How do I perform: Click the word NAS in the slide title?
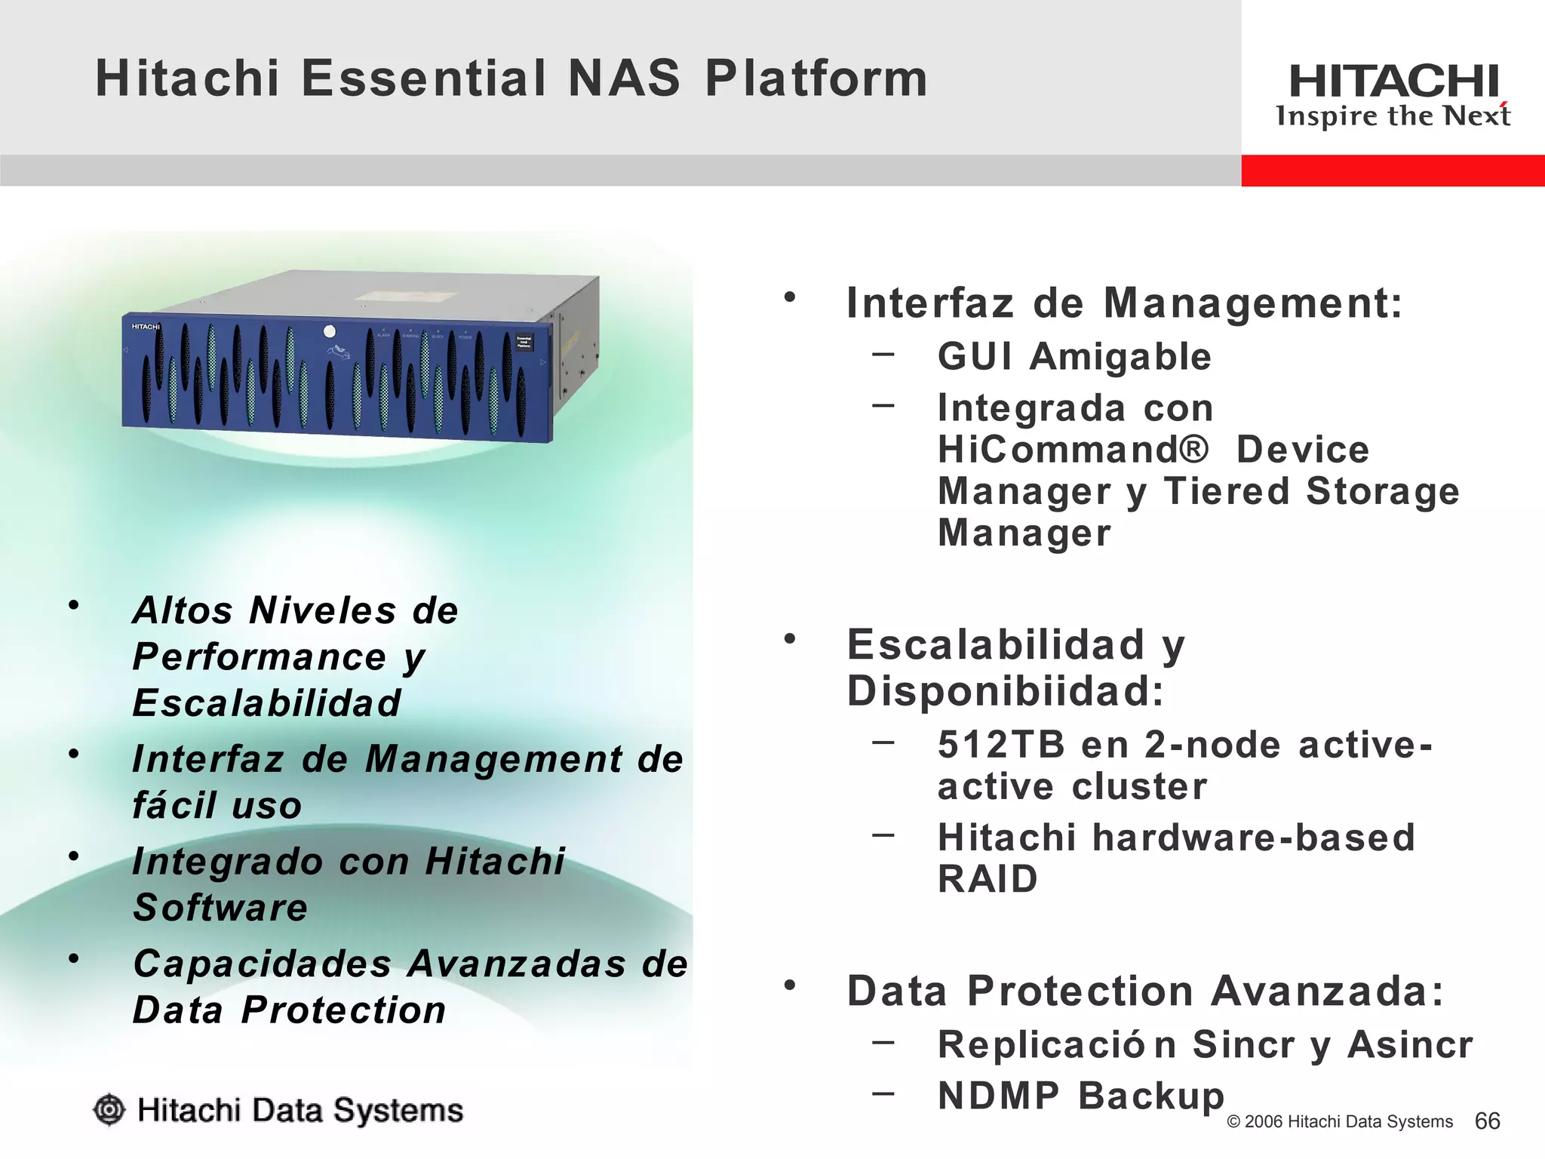[623, 78]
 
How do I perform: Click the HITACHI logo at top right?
[1393, 81]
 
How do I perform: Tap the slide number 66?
[1487, 1121]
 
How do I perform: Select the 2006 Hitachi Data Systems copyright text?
[1340, 1122]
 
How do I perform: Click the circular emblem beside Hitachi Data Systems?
[109, 1110]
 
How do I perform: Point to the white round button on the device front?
[329, 331]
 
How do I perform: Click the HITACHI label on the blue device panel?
[146, 327]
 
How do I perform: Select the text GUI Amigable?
[1074, 356]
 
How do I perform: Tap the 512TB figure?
[1001, 745]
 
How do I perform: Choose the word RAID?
[988, 879]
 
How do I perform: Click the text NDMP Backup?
[1080, 1096]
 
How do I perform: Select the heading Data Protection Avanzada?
[1145, 991]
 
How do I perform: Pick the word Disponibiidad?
[1006, 691]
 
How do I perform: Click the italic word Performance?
[260, 656]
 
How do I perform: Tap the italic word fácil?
[174, 804]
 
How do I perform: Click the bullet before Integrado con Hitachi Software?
[73, 856]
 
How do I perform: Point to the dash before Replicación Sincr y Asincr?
[883, 1042]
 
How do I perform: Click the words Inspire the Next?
[1393, 116]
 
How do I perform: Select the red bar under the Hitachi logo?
[1393, 171]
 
